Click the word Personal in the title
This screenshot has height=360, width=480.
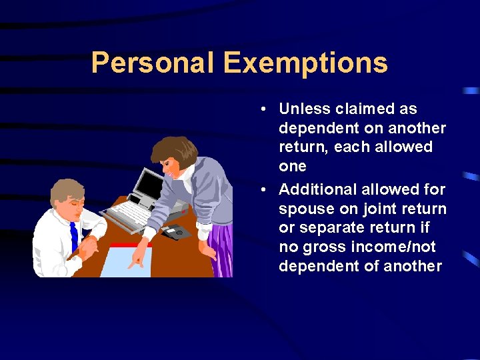(x=151, y=63)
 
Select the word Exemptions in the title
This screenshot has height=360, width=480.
(x=305, y=63)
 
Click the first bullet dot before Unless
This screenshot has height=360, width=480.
(x=265, y=109)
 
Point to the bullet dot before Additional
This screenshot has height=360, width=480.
(x=265, y=190)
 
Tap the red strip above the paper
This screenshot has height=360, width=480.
(x=130, y=245)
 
